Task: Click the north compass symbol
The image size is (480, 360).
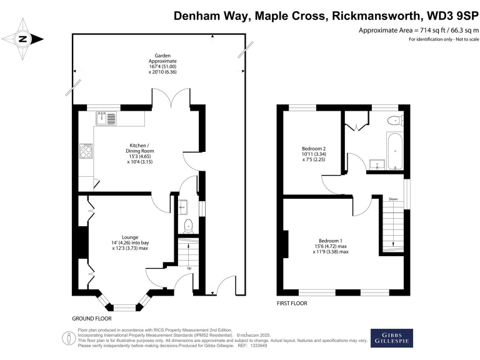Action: (x=24, y=39)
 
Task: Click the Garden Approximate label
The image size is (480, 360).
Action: (x=158, y=63)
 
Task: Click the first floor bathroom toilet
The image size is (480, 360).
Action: (x=394, y=121)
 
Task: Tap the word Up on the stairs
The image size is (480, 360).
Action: (x=189, y=269)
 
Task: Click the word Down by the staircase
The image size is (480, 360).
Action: (x=392, y=199)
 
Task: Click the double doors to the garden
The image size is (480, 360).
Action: (x=170, y=98)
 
